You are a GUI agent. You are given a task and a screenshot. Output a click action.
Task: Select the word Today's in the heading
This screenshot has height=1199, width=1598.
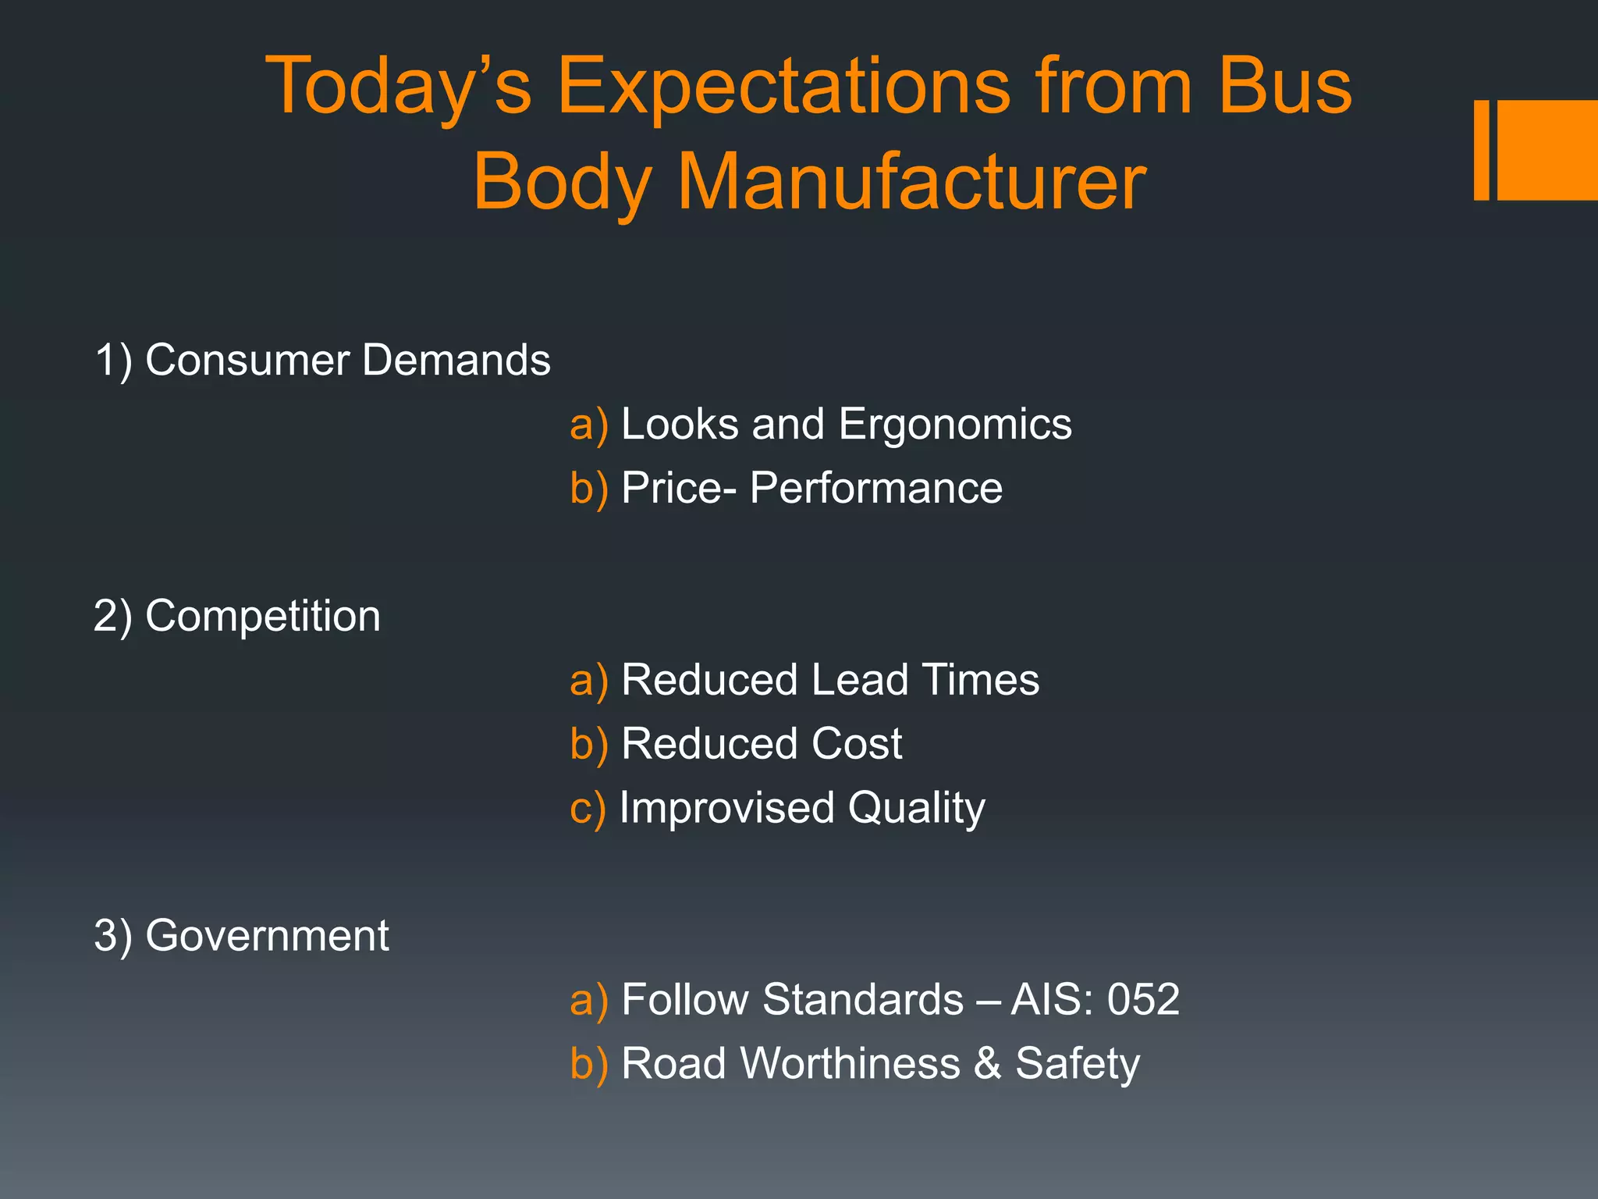pyautogui.click(x=399, y=87)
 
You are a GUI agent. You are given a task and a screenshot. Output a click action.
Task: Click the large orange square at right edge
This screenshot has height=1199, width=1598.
pyautogui.click(x=1547, y=150)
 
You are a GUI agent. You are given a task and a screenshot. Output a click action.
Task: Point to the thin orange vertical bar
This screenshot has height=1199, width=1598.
pyautogui.click(x=1481, y=150)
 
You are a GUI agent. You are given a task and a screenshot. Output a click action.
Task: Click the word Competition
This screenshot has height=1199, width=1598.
pyautogui.click(x=263, y=617)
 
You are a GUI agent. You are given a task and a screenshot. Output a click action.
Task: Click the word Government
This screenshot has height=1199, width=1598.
pyautogui.click(x=267, y=935)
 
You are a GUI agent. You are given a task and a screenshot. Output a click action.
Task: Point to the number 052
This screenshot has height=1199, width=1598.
pyautogui.click(x=1143, y=999)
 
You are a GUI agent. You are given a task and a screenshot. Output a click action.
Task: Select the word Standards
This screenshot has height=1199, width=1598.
pyautogui.click(x=863, y=999)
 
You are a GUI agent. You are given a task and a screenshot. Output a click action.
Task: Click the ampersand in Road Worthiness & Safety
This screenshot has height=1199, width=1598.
pyautogui.click(x=988, y=1063)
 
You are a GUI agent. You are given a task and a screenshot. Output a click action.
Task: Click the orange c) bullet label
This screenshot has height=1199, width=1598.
pyautogui.click(x=588, y=808)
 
